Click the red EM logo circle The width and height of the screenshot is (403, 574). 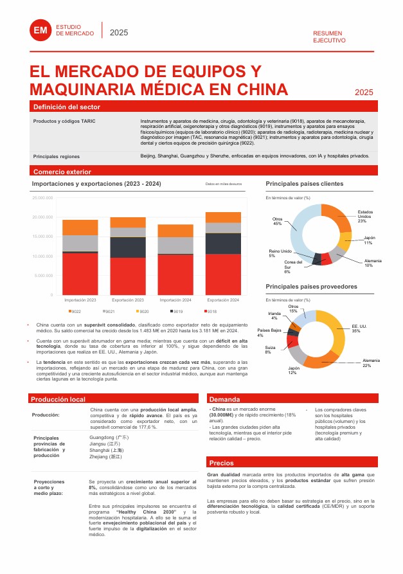[40, 30]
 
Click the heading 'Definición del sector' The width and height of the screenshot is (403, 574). [66, 107]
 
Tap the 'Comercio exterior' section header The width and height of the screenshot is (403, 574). [62, 172]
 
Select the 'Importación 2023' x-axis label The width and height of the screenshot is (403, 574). [80, 300]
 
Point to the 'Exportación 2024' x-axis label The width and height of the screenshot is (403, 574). [223, 300]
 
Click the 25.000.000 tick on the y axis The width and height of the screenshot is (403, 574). [42, 198]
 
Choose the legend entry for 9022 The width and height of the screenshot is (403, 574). [75, 312]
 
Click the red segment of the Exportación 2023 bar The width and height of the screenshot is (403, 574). [128, 276]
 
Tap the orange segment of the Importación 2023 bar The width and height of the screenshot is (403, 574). [80, 227]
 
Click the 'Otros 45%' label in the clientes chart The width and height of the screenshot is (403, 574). [278, 221]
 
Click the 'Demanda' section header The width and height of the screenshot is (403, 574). [224, 399]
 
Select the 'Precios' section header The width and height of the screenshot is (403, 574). [222, 463]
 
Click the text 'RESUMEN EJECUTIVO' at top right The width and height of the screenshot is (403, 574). [329, 37]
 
